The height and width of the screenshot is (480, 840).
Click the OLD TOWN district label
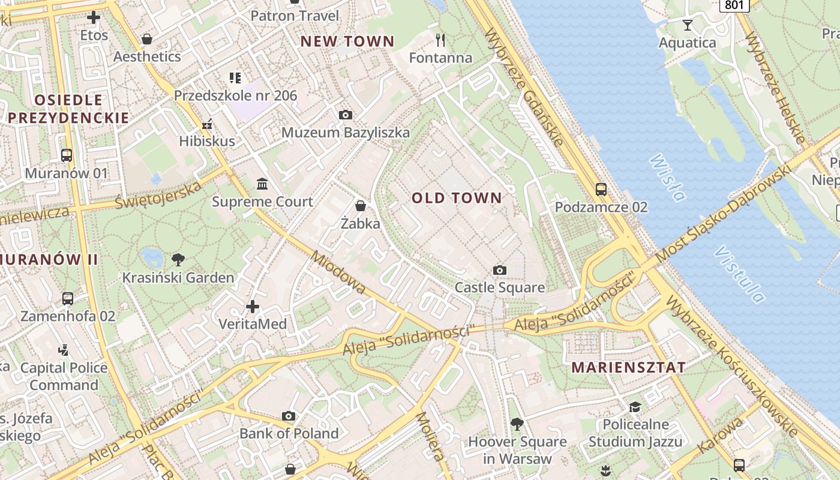[x=457, y=198]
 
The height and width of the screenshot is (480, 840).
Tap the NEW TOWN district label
[x=347, y=41]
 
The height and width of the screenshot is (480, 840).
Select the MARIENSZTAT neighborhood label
[x=629, y=368]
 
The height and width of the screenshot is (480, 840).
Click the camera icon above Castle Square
[x=499, y=271]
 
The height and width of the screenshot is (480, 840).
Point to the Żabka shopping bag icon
[x=361, y=206]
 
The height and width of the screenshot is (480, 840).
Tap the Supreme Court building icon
[x=262, y=184]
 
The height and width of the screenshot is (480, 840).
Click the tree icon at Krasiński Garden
[x=178, y=260]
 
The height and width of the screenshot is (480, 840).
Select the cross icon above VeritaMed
[x=253, y=307]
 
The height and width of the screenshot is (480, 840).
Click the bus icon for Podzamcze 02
[x=601, y=190]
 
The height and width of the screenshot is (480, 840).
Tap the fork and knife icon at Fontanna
[x=440, y=40]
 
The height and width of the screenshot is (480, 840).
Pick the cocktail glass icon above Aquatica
[x=688, y=25]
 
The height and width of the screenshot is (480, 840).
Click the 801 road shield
[x=735, y=5]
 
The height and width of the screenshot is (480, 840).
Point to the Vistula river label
[x=740, y=274]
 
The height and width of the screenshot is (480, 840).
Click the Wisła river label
[x=667, y=178]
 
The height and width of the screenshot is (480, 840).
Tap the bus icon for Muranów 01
[x=67, y=155]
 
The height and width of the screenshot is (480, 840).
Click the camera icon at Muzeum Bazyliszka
[x=346, y=115]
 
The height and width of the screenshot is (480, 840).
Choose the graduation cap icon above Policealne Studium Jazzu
[x=635, y=407]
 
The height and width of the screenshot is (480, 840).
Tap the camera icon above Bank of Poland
[x=289, y=416]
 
